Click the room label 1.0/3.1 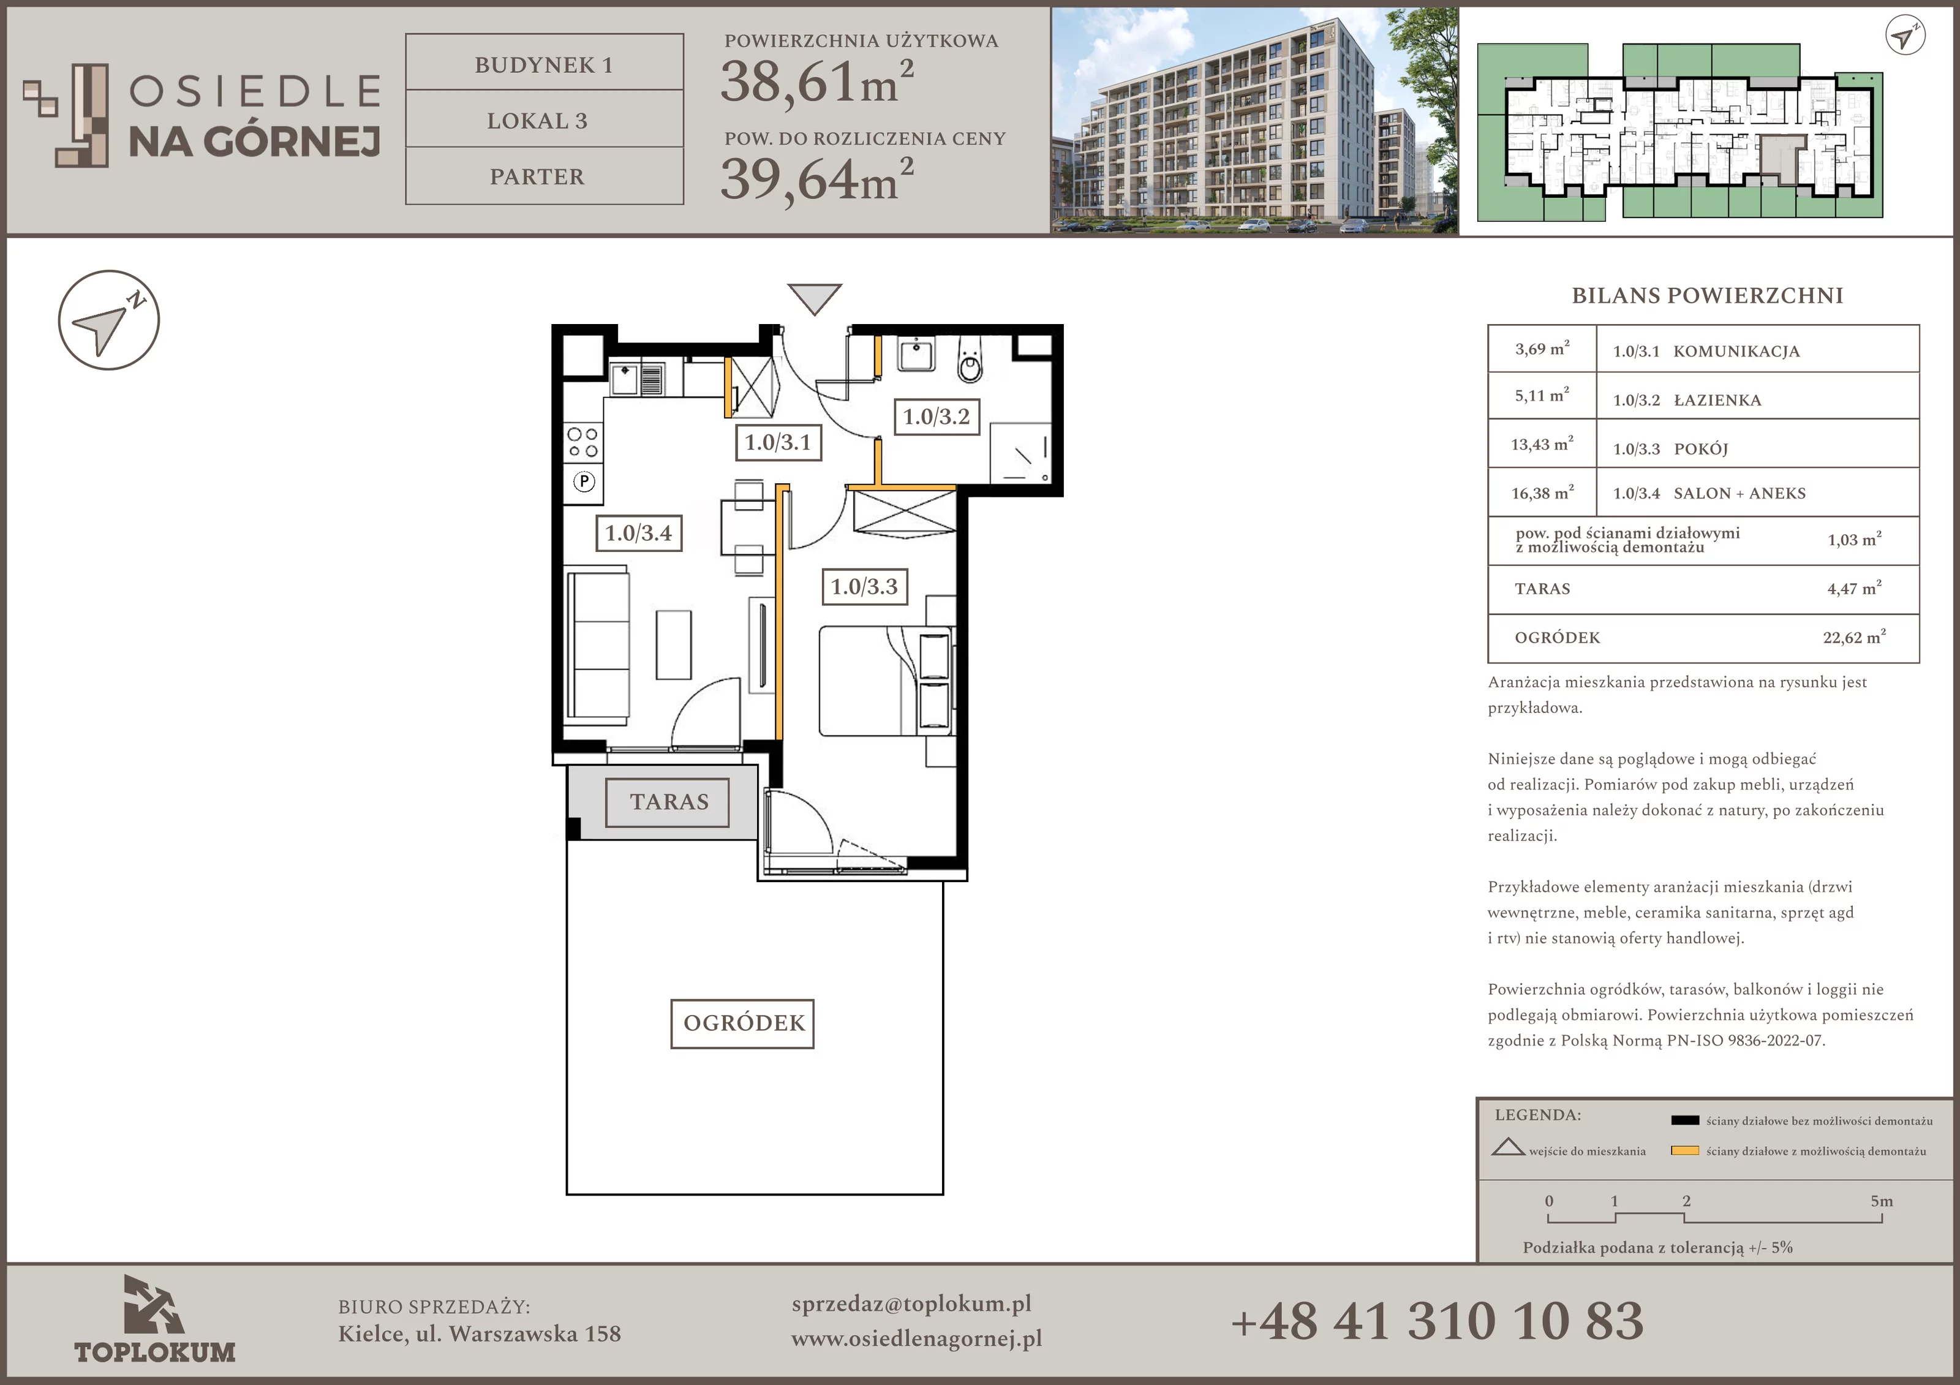(778, 442)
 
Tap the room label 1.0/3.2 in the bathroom (937, 417)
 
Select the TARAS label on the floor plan (668, 802)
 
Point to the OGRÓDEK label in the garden (743, 1023)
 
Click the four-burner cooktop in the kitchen (583, 443)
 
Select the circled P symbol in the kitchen (584, 481)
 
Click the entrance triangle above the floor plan (815, 298)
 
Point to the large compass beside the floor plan (108, 320)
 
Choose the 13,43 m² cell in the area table (1542, 444)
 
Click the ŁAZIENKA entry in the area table (1717, 399)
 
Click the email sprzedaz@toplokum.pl (912, 1304)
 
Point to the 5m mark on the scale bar (1882, 1201)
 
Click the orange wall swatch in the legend (1684, 1150)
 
